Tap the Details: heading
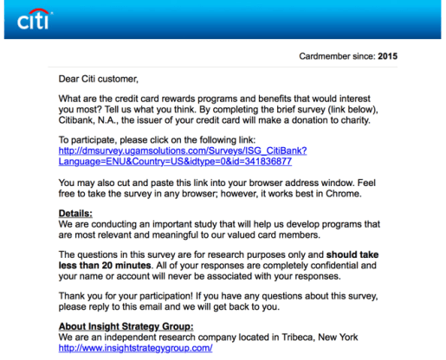click(x=75, y=213)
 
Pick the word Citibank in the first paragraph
click(x=82, y=121)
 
